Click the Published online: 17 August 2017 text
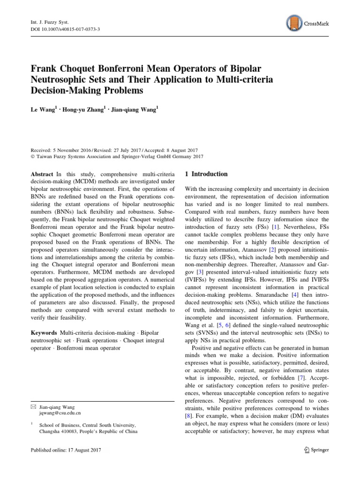[66, 450]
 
